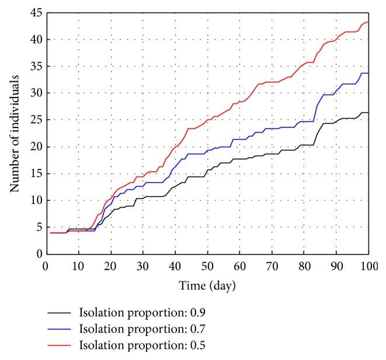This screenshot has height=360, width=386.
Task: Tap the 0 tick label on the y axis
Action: [x=37, y=254]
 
